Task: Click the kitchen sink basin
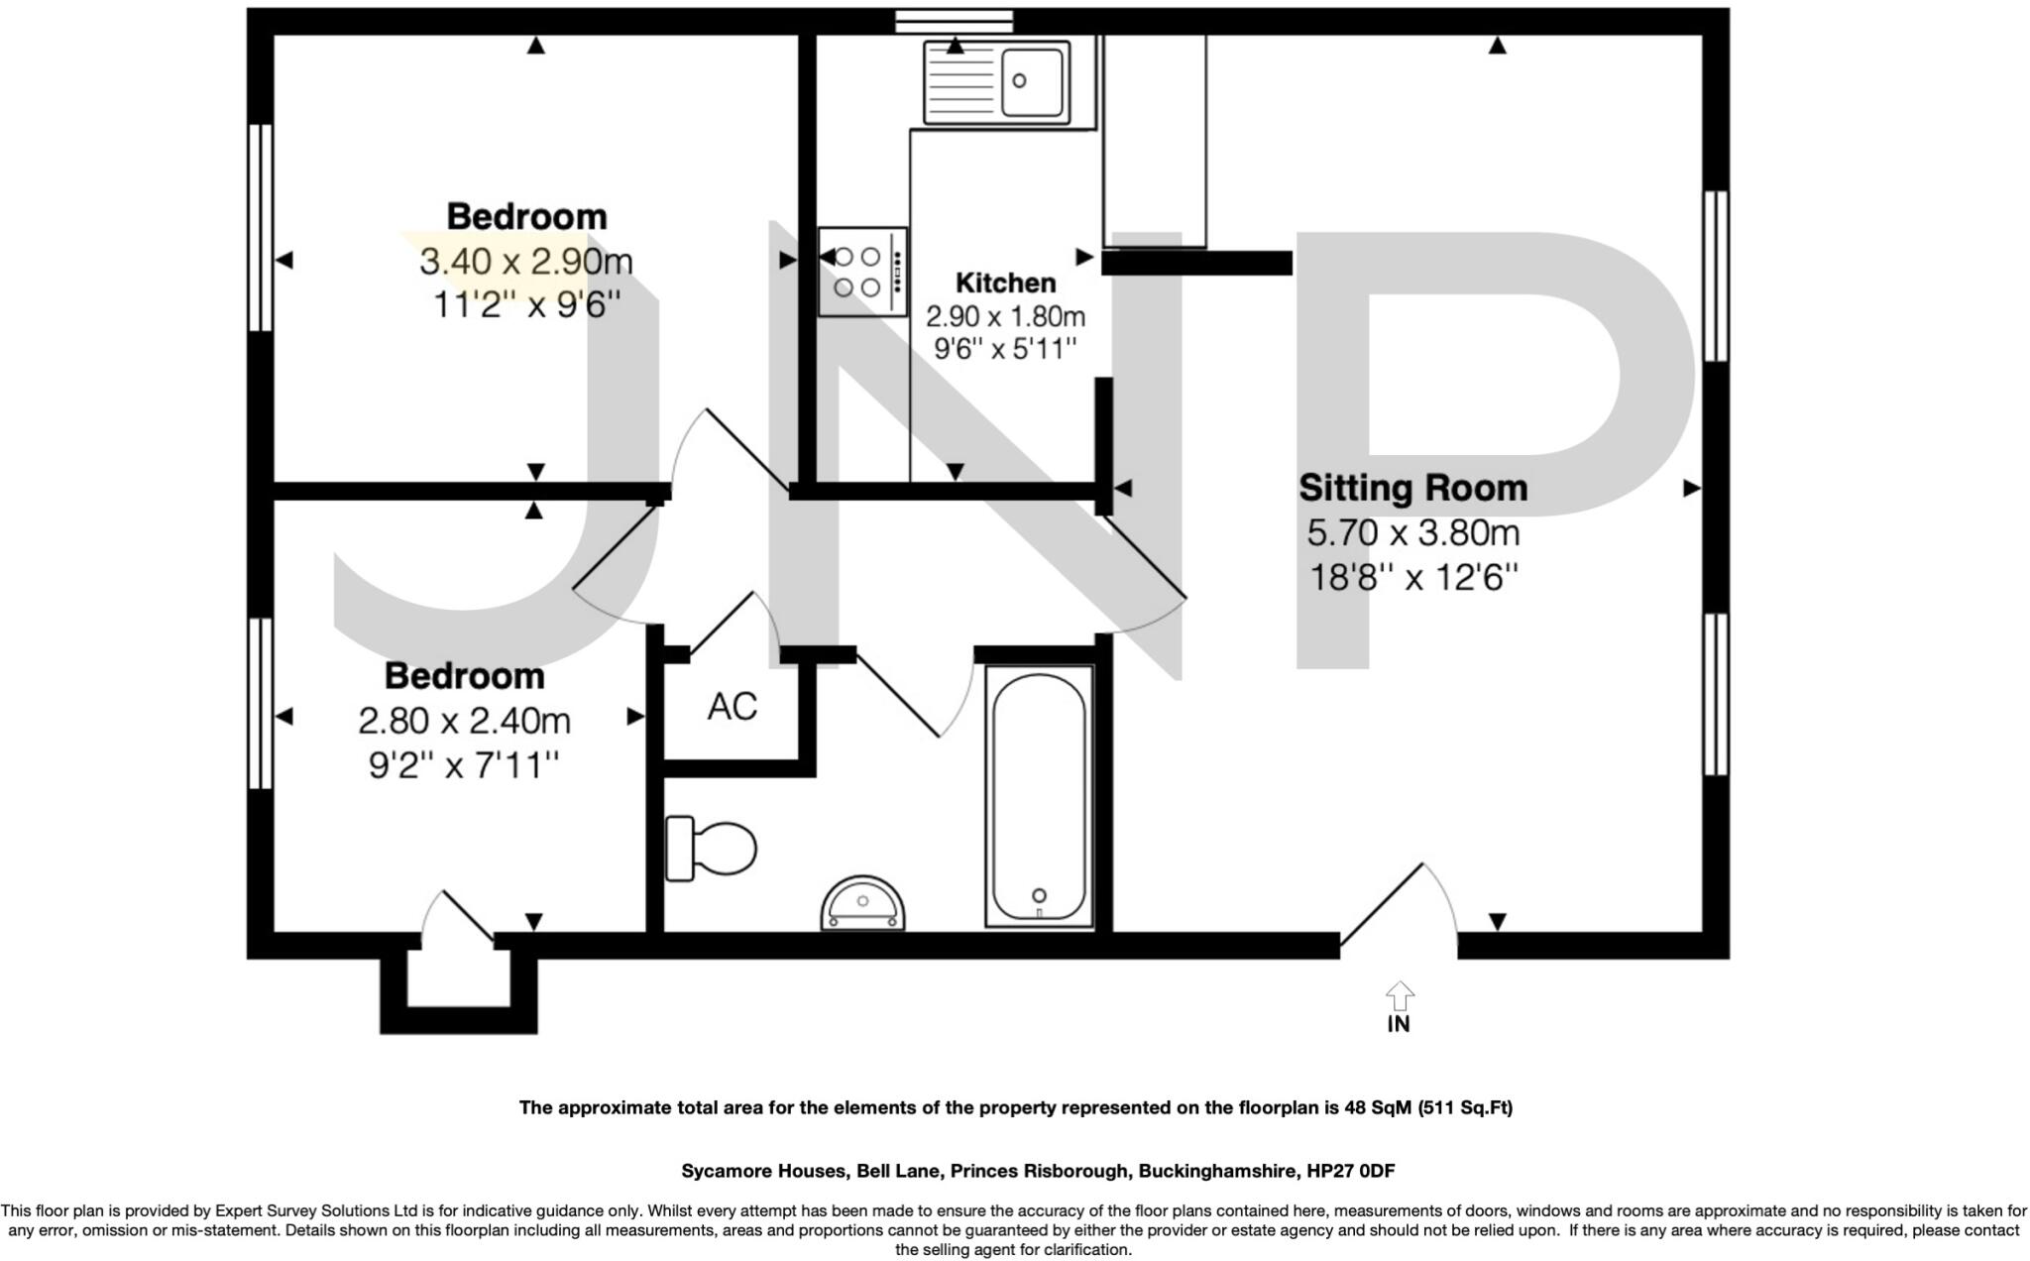pos(1032,81)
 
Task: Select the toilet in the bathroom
pos(711,849)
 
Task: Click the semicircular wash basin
pos(863,905)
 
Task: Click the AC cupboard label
pos(733,706)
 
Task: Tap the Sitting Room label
pos(1412,488)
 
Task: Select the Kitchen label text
pos(1005,283)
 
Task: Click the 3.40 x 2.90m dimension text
pos(525,262)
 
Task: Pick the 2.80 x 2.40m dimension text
pos(464,721)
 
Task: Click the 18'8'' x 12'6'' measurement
pos(1413,577)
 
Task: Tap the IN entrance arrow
pos(1399,995)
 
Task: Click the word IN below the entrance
pos(1399,1025)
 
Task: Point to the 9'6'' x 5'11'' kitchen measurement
pos(1005,349)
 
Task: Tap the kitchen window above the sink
pos(954,20)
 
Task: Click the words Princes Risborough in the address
pos(1040,1171)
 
